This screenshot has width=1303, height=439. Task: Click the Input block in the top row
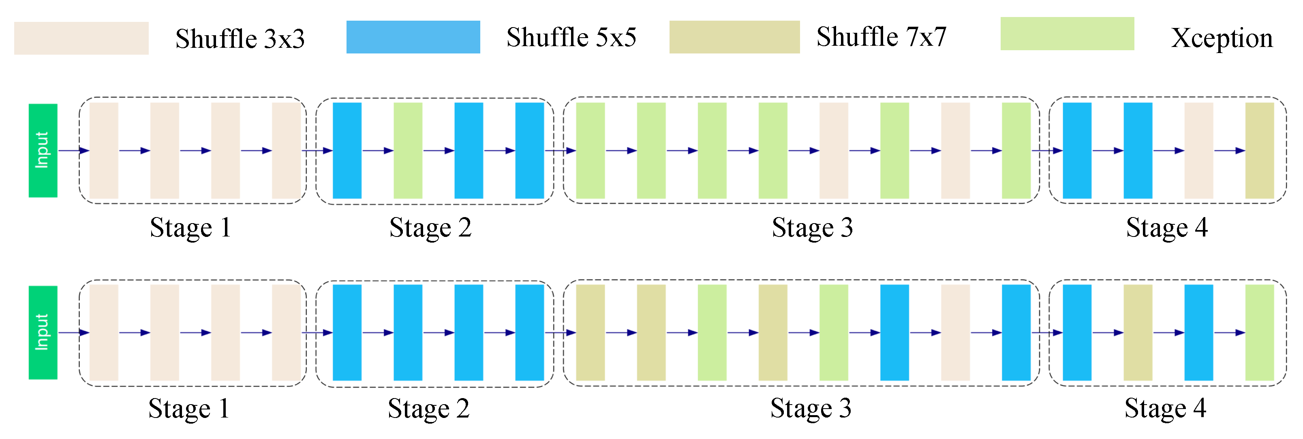tap(43, 151)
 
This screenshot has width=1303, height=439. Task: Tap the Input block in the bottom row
tap(43, 332)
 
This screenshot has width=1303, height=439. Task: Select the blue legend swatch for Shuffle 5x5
tap(413, 37)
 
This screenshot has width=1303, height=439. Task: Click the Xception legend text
tap(1222, 38)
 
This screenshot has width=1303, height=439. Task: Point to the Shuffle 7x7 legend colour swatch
tap(734, 37)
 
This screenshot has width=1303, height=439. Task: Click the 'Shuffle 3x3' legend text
tap(240, 39)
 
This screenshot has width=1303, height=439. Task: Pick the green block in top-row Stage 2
tap(408, 151)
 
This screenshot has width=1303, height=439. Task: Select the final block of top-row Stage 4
tap(1260, 151)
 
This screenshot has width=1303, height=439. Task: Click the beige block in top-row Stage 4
tap(1199, 151)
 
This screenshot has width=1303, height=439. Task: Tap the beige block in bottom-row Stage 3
tap(956, 332)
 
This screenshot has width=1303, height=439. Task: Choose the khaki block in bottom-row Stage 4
tap(1138, 332)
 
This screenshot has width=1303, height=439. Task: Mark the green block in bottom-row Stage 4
tap(1260, 332)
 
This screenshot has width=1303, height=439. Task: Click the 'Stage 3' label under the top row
tap(812, 227)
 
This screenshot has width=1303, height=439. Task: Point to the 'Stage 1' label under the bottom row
tap(189, 409)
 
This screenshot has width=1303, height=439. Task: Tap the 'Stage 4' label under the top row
tap(1167, 227)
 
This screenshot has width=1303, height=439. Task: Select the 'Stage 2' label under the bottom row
tap(429, 409)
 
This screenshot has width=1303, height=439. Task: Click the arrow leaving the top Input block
tap(74, 151)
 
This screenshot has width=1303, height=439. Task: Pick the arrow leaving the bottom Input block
tap(74, 332)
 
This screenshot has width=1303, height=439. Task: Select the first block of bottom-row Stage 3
tap(590, 332)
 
